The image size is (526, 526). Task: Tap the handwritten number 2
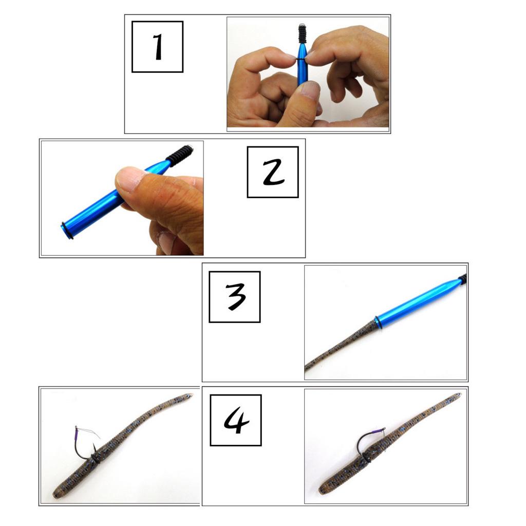(274, 173)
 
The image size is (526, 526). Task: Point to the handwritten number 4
(236, 421)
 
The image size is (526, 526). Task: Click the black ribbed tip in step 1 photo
(303, 33)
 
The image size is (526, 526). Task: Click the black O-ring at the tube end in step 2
(67, 231)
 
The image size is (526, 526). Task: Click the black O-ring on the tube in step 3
(378, 323)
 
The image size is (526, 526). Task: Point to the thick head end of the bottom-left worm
(57, 494)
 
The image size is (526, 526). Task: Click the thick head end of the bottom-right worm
(323, 489)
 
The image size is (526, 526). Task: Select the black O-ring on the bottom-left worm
(95, 459)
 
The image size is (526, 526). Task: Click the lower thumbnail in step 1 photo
(310, 90)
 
